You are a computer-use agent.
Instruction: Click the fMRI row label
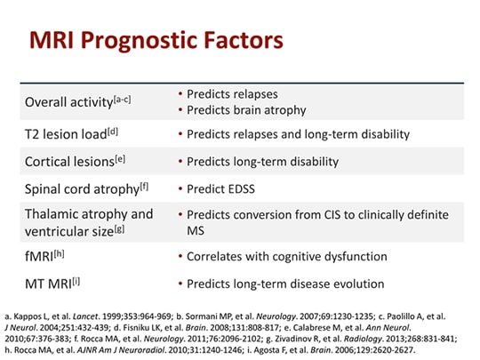coord(39,257)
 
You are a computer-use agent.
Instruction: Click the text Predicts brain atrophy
coord(246,110)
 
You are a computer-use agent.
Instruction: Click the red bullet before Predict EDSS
coord(180,189)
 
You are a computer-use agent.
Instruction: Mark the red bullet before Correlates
coord(180,257)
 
